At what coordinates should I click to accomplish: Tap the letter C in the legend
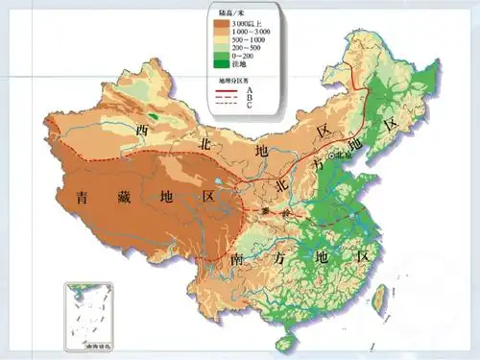coord(252,105)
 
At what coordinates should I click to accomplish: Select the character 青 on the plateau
coord(84,198)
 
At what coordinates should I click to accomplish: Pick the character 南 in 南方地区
coord(237,259)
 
